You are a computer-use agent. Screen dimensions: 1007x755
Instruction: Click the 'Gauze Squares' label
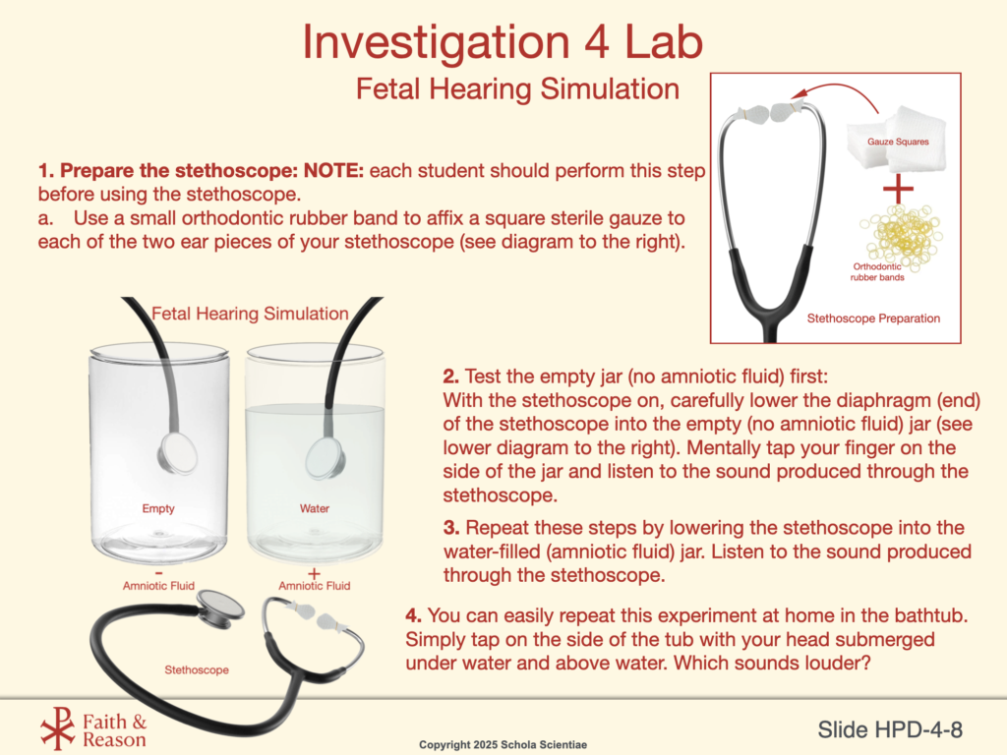coord(898,142)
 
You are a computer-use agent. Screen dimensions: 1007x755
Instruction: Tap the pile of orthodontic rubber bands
coord(902,235)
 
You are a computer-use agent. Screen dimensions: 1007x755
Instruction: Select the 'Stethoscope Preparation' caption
coord(873,319)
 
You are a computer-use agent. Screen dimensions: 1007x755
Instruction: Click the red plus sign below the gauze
coord(898,189)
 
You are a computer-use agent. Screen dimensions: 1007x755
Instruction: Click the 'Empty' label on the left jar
coord(158,508)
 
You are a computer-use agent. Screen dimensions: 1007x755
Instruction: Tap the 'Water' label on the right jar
coord(314,508)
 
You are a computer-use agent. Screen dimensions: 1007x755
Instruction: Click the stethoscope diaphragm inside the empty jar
coord(177,453)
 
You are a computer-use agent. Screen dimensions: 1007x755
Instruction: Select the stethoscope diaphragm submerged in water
coord(325,458)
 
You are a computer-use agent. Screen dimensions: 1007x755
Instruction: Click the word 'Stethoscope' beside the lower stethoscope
coord(197,669)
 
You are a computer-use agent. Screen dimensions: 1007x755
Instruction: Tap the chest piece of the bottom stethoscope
coord(219,609)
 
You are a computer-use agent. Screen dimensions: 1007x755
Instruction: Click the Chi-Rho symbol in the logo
coord(58,728)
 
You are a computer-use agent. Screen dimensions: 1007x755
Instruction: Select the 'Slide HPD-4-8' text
coord(889,730)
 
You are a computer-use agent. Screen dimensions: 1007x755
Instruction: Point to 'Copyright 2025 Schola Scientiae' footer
coord(503,745)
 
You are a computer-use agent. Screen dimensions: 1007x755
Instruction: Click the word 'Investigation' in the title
coord(436,42)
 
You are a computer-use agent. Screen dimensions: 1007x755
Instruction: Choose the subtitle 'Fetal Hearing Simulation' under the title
coord(517,88)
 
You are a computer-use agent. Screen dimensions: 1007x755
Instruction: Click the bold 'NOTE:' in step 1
coord(333,171)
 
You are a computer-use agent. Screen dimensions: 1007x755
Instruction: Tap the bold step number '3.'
coord(451,528)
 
